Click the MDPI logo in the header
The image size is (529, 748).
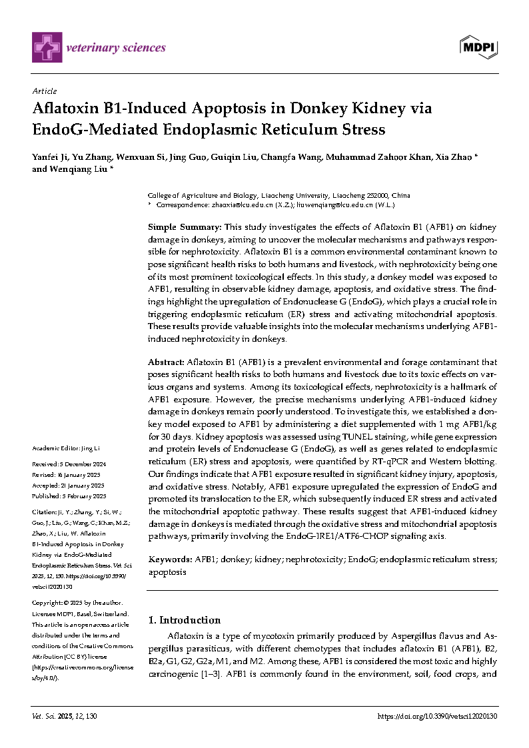pyautogui.click(x=479, y=47)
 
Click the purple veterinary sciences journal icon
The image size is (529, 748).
pyautogui.click(x=47, y=47)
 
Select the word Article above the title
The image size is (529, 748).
pyautogui.click(x=45, y=91)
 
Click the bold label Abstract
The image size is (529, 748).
pyautogui.click(x=166, y=362)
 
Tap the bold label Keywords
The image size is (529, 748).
pyautogui.click(x=169, y=560)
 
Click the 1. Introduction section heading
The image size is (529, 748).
pyautogui.click(x=184, y=619)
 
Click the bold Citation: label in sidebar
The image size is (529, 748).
pyautogui.click(x=44, y=512)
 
